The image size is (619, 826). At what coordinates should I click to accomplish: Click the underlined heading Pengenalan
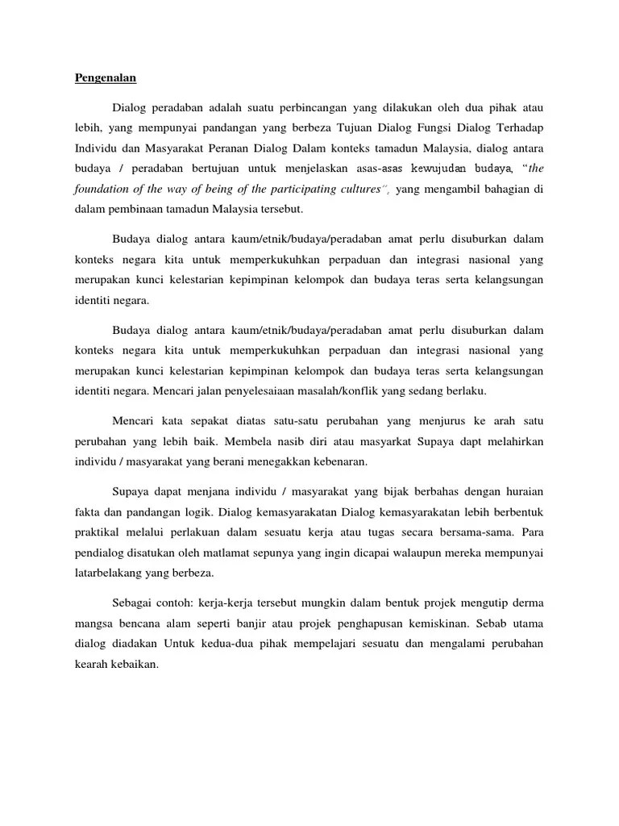click(106, 77)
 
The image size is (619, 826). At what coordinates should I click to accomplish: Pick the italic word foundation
click(103, 190)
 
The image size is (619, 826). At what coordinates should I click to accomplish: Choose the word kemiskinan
click(441, 624)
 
